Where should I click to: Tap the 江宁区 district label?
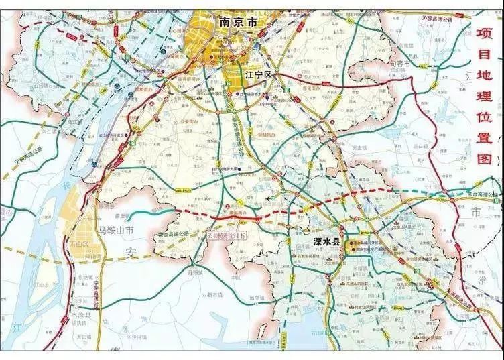click(259, 75)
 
